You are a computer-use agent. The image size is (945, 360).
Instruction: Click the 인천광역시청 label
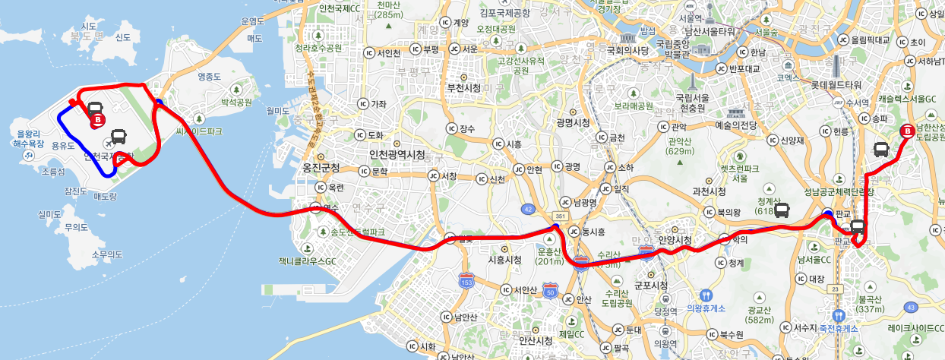pyautogui.click(x=396, y=155)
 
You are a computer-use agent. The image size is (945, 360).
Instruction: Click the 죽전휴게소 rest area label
pyautogui.click(x=844, y=328)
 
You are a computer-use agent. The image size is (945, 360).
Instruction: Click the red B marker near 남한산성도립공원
pyautogui.click(x=906, y=131)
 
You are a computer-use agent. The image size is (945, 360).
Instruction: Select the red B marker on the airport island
pyautogui.click(x=97, y=120)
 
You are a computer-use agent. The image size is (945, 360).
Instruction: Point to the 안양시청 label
pyautogui.click(x=675, y=240)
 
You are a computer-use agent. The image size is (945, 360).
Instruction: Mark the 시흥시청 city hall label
pyautogui.click(x=504, y=260)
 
